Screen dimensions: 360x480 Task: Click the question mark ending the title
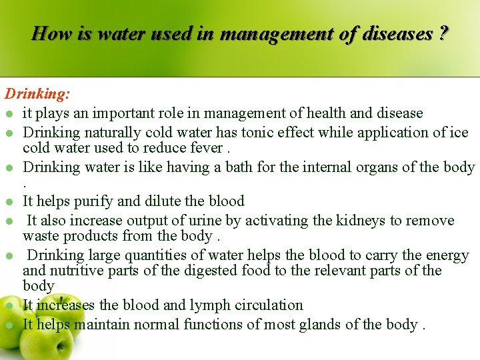443,33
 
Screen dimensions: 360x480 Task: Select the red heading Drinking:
38,95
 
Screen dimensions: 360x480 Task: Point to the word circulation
270,305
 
